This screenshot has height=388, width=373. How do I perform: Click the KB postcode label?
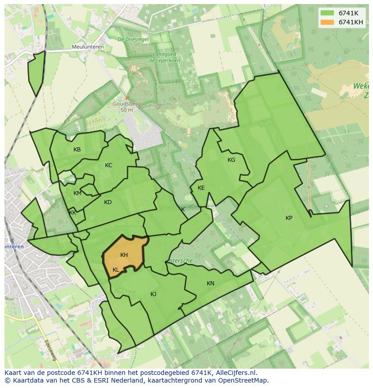click(77, 150)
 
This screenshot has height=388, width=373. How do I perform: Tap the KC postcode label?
click(109, 165)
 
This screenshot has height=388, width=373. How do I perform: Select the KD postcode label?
click(108, 202)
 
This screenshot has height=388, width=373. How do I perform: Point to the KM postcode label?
click(77, 193)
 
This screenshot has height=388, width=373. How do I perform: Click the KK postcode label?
click(73, 213)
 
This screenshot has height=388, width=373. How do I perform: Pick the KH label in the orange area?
click(124, 255)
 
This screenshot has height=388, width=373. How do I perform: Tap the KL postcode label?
click(116, 270)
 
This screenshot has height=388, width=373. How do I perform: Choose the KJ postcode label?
click(153, 294)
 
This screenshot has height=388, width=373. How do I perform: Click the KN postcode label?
click(210, 283)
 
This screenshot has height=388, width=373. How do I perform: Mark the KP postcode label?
click(289, 218)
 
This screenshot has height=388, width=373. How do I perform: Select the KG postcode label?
click(231, 160)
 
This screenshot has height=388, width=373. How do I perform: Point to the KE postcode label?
click(201, 188)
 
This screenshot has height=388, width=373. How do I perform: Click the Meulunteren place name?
click(87, 47)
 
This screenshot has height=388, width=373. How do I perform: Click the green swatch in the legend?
click(328, 13)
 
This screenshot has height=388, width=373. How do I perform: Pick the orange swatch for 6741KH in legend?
click(328, 22)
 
